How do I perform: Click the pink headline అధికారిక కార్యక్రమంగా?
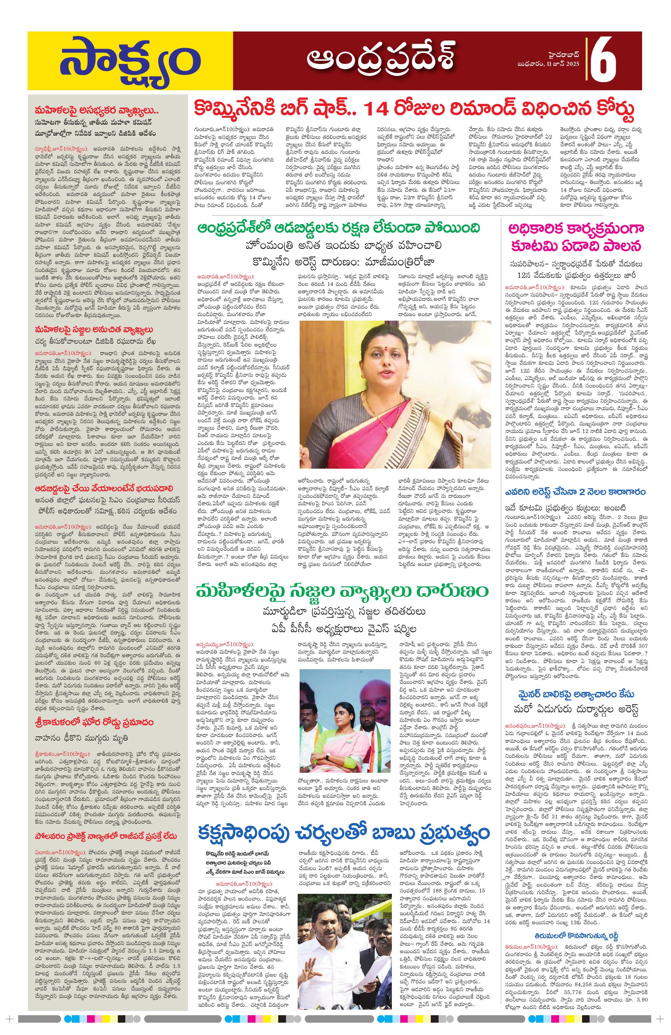click(577, 228)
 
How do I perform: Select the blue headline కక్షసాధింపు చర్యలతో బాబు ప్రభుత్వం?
click(343, 833)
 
